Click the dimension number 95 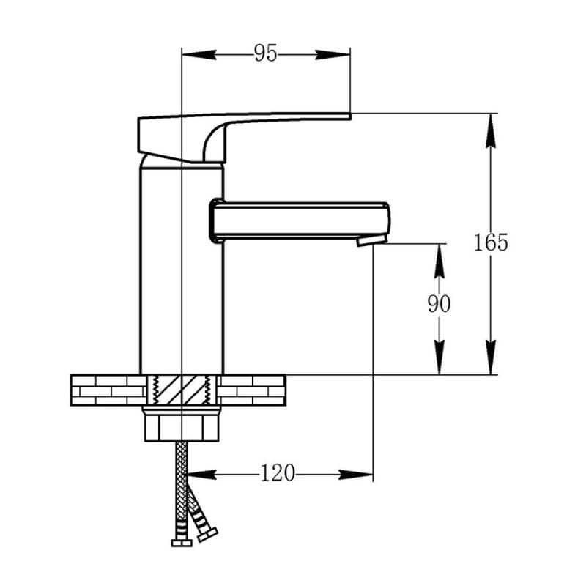coord(265,53)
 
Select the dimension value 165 coord(491,242)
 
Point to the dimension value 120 coord(278,473)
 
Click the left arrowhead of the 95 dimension coord(199,55)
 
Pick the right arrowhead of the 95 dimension coord(333,55)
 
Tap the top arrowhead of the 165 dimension coord(491,130)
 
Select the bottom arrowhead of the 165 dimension coord(491,357)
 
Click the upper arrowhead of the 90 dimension coord(439,261)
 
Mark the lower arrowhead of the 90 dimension coord(439,357)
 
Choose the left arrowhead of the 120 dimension coord(202,475)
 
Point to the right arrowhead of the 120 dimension coord(356,475)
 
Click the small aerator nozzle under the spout coord(371,240)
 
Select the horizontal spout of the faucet coord(300,221)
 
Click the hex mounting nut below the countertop coord(181,424)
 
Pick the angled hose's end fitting coord(208,535)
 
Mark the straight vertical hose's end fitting coord(181,543)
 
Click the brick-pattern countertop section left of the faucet coord(108,390)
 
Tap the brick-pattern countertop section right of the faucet coord(251,390)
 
